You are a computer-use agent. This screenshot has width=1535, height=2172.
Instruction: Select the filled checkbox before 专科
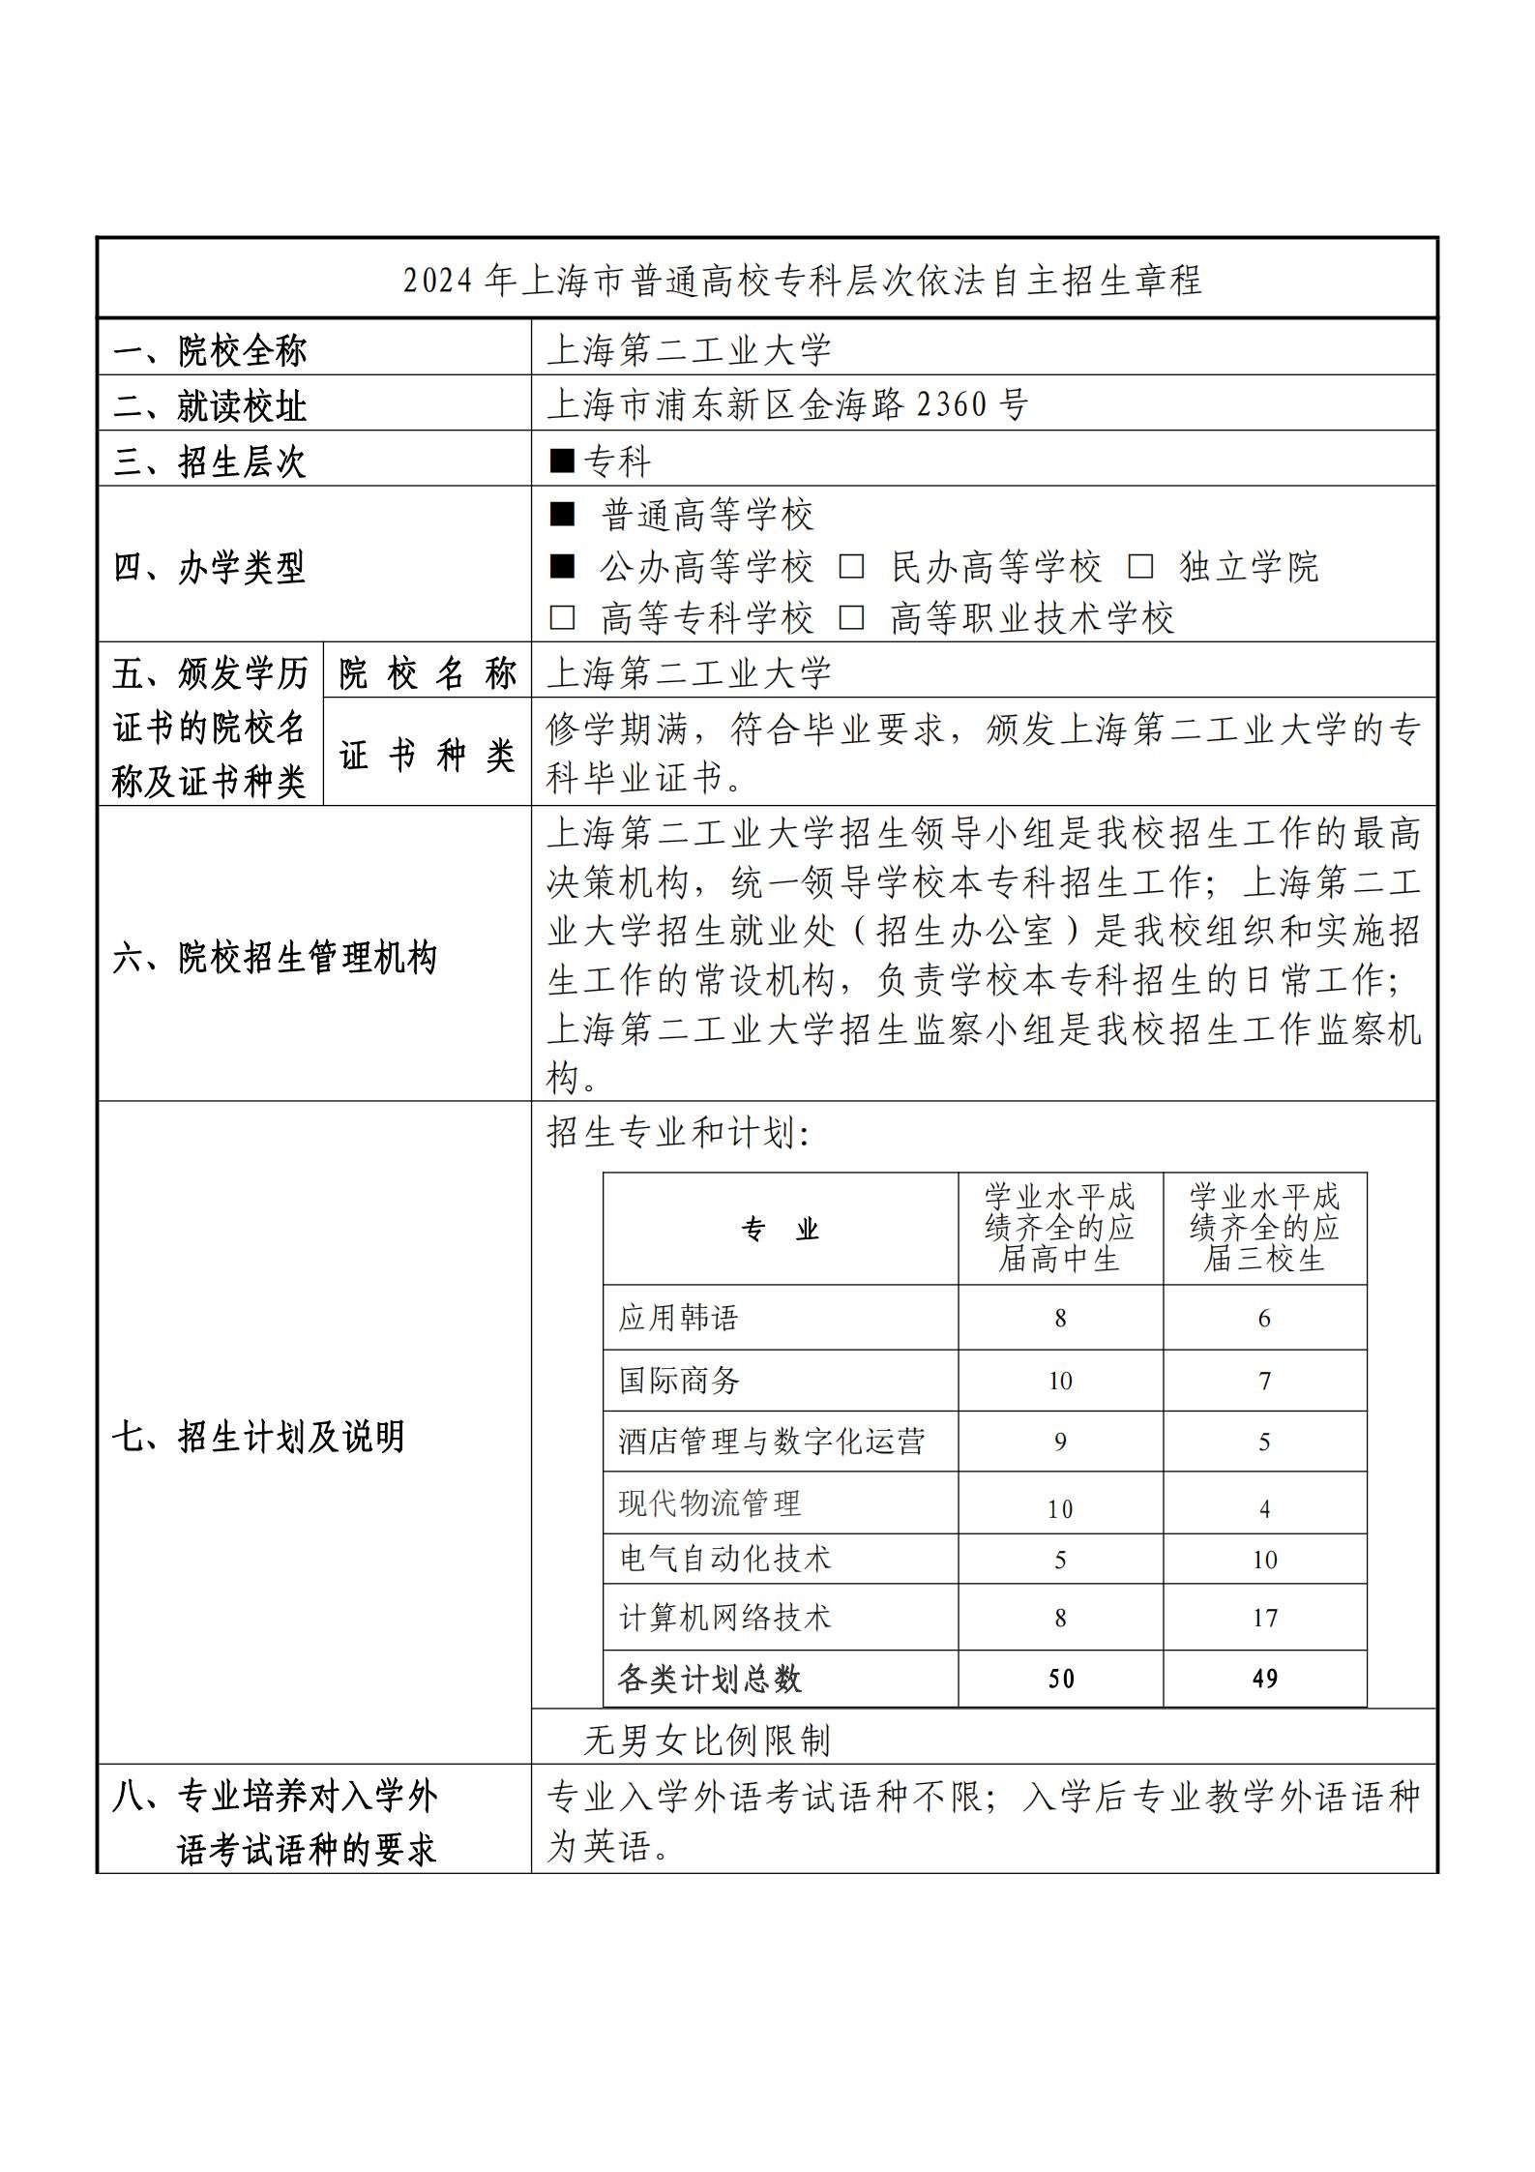(562, 461)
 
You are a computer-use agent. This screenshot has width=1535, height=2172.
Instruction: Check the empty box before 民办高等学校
(851, 567)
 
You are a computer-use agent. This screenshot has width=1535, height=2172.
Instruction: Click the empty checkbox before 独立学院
(1141, 567)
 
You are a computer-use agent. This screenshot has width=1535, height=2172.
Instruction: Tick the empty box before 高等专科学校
(562, 618)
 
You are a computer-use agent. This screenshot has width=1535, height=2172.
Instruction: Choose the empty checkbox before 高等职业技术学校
(851, 618)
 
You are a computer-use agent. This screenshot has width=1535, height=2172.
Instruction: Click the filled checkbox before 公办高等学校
(562, 567)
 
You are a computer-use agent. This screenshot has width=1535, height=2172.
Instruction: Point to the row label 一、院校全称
(210, 350)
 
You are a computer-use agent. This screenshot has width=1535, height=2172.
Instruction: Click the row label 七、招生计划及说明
(258, 1438)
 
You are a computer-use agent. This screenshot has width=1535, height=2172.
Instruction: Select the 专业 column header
(781, 1230)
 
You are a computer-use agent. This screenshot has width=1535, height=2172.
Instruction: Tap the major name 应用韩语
(678, 1318)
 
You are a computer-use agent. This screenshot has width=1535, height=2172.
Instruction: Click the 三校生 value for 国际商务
(1264, 1381)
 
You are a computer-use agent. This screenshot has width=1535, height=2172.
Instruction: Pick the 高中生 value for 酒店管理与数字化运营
(1060, 1443)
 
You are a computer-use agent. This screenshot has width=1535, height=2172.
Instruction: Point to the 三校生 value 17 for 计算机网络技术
(1264, 1618)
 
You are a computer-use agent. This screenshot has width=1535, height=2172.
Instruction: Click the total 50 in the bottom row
(1060, 1679)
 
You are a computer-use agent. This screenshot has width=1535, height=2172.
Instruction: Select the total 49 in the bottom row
(1264, 1679)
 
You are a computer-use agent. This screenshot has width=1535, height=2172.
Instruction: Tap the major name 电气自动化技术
(724, 1559)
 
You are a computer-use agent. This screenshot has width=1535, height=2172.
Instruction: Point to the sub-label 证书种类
(427, 755)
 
